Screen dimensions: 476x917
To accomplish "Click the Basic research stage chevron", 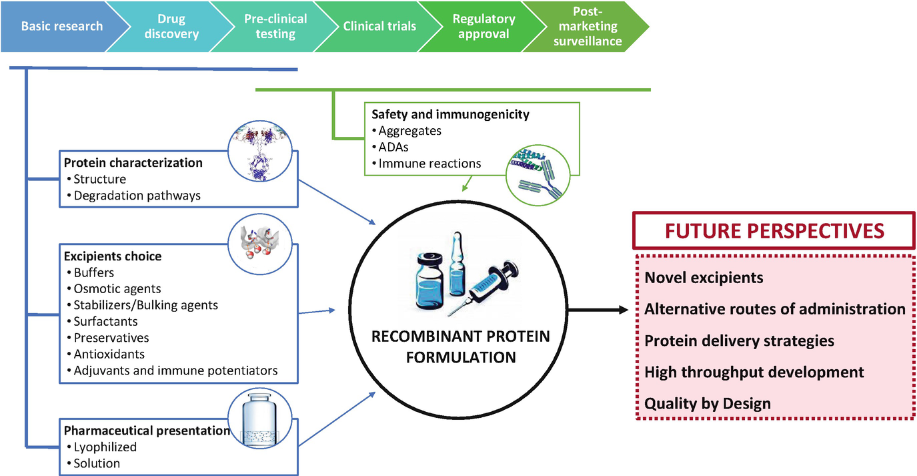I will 61,27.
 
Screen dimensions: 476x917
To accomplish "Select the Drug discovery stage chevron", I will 171,27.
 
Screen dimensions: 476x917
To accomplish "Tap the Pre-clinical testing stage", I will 275,27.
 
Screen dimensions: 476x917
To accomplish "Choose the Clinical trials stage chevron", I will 379,27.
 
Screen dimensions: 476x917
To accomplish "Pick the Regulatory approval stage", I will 484,27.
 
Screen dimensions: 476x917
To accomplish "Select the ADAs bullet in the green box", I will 393,147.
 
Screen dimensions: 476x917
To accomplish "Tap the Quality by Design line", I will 707,403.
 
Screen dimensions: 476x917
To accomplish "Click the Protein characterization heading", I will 133,163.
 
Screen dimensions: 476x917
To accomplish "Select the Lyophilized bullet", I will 105,447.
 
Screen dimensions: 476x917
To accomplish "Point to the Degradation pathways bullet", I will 137,196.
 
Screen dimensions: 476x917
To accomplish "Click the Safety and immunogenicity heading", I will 450,114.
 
